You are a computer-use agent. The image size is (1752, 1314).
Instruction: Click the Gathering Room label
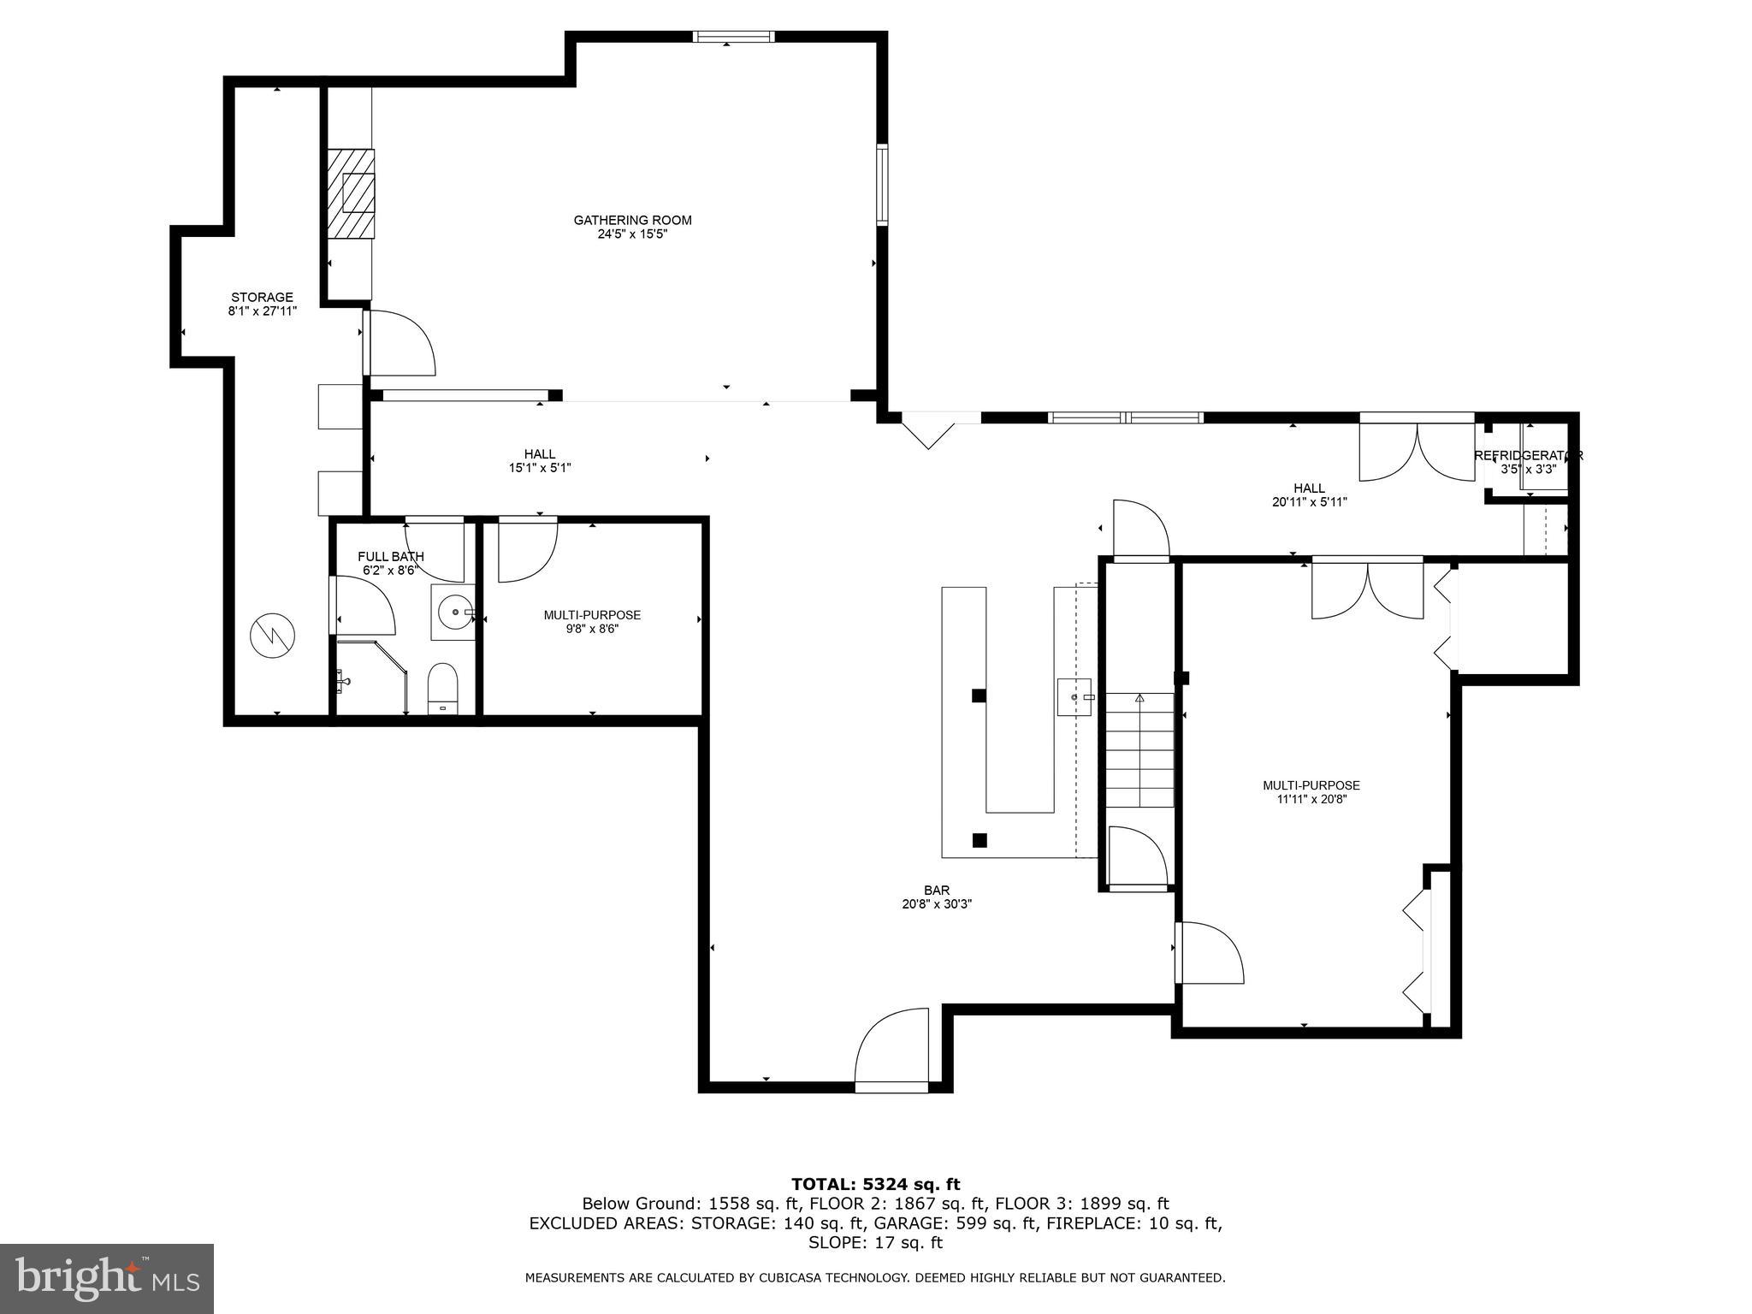coord(632,220)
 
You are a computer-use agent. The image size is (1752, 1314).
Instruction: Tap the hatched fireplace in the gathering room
coord(351,193)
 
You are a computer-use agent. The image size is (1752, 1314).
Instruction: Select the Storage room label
coord(262,298)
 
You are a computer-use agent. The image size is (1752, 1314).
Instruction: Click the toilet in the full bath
coord(442,687)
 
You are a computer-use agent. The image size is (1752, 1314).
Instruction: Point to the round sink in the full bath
coord(453,612)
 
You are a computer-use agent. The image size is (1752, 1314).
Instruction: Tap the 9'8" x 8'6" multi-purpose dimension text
coord(592,629)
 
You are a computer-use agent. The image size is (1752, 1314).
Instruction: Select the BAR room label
coord(937,891)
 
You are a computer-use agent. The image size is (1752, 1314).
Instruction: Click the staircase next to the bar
coord(1139,750)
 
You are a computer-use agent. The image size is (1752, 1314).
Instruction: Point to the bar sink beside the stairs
coord(1074,696)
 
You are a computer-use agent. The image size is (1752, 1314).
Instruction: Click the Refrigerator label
coord(1528,455)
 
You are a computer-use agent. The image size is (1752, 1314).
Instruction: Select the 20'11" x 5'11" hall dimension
coord(1309,502)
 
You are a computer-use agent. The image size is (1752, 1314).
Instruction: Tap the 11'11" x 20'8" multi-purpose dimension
coord(1311,799)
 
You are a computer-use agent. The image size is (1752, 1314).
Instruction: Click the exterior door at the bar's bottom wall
coord(891,1086)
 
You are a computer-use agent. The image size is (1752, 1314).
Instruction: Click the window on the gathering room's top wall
coord(733,37)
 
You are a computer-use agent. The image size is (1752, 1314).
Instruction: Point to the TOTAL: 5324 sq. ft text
coord(875,1184)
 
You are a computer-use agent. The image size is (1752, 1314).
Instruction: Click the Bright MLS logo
coord(107,1278)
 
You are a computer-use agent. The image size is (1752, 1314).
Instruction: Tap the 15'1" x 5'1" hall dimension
coord(539,468)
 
